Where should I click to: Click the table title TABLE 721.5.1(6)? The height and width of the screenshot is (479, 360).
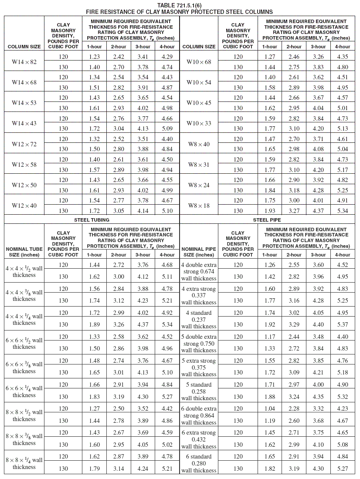click(x=180, y=5)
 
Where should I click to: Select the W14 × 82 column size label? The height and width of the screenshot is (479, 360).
click(x=24, y=62)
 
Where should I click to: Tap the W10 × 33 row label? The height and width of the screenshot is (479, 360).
click(x=199, y=123)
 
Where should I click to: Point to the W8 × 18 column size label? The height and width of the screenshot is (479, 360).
click(x=199, y=206)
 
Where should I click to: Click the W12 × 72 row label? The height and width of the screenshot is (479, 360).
click(x=24, y=144)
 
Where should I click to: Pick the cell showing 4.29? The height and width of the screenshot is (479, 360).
click(x=167, y=57)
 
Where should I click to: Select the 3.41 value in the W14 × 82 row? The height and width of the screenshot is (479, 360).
click(x=143, y=57)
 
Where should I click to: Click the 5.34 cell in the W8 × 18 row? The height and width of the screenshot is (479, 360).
click(x=343, y=211)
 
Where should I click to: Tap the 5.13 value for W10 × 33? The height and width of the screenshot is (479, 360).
click(x=343, y=128)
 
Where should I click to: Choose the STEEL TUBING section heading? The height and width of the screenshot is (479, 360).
click(x=92, y=220)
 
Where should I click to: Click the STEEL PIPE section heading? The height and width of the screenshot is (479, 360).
click(x=267, y=220)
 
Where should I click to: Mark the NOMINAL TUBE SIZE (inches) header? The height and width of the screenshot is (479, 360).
click(x=24, y=252)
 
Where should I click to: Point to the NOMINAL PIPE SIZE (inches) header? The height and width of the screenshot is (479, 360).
click(x=199, y=252)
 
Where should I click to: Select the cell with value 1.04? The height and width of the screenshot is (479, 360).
click(x=269, y=408)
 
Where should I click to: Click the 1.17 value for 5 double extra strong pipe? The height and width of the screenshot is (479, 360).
click(x=269, y=337)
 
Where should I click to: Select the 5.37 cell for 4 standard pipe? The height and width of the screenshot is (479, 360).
click(x=343, y=324)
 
